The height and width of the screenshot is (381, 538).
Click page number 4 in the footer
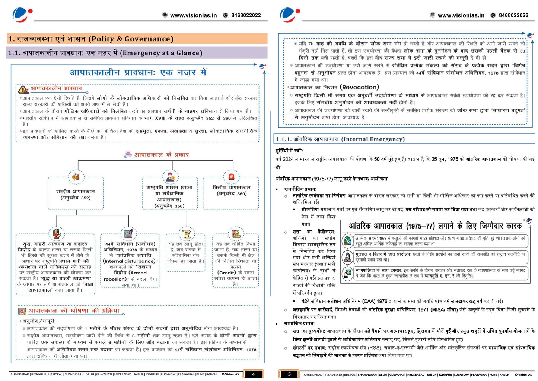coord(253,374)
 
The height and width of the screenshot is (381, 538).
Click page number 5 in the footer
coord(289,374)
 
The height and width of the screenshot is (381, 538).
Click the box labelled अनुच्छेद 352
coord(76,194)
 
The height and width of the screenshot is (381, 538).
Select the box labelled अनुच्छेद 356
coord(169,196)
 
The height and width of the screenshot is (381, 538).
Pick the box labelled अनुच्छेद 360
coord(231,190)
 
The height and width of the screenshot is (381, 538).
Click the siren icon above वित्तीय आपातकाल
coord(231,177)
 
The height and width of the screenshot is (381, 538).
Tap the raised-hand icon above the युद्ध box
coord(57,233)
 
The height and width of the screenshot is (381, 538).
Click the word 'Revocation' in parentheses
coord(359,87)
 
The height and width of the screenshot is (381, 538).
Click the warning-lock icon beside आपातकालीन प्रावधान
coord(23,89)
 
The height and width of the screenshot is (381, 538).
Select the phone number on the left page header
coord(246,15)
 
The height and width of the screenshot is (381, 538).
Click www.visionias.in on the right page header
coord(461,15)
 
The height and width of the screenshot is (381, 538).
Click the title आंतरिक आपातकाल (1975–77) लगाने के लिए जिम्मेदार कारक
coord(435,226)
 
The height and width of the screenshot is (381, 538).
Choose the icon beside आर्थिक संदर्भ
coord(348,241)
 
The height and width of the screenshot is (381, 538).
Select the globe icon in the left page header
coord(165,15)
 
